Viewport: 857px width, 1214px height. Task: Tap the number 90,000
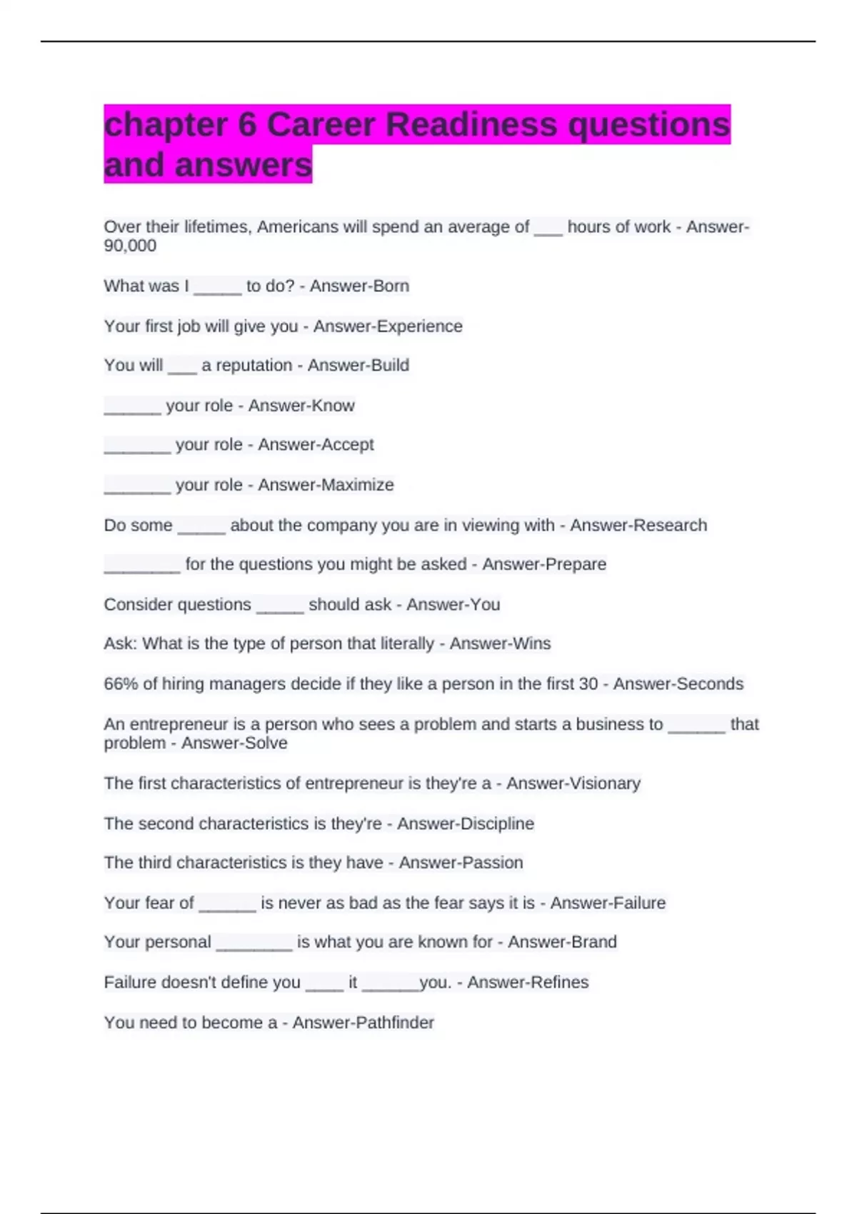(x=130, y=246)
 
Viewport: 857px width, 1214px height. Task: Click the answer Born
(x=392, y=286)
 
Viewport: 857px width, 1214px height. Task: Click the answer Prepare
(x=575, y=564)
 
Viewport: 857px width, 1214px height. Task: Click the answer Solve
(x=265, y=743)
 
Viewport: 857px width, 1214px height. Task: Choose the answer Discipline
(x=498, y=823)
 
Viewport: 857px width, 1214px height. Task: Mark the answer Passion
(x=492, y=863)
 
